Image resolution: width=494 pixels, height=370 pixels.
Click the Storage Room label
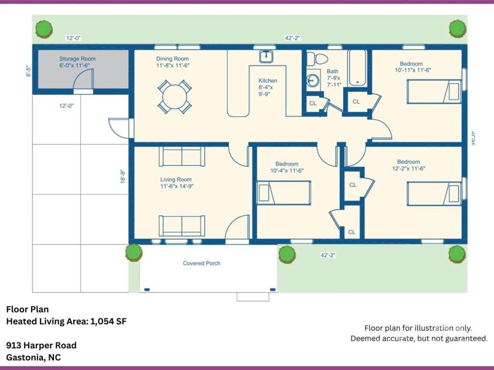[x=77, y=59]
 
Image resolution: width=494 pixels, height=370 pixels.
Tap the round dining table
[x=175, y=97]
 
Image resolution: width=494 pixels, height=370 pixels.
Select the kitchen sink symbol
[x=267, y=56]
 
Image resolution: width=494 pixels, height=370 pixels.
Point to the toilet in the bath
[x=317, y=59]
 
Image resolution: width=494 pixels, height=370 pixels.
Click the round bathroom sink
[x=312, y=81]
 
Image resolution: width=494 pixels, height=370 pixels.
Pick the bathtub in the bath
[x=357, y=68]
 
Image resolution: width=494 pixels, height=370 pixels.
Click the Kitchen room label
[x=268, y=81]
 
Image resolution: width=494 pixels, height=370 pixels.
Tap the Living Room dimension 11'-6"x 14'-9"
[x=177, y=186]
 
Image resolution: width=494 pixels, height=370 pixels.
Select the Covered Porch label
[x=202, y=263]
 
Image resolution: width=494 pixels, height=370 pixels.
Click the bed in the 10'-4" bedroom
[x=284, y=193]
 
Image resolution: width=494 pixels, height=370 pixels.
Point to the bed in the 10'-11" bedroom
[x=434, y=91]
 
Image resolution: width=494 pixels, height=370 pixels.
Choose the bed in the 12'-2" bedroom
[x=434, y=194]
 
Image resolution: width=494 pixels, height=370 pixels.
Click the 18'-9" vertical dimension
[x=123, y=176]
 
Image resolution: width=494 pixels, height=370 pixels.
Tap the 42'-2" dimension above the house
[x=292, y=38]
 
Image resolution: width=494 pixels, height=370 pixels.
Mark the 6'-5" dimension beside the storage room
[x=29, y=71]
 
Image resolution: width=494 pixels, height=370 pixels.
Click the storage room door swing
[x=83, y=78]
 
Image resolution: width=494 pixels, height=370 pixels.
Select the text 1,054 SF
[x=108, y=321]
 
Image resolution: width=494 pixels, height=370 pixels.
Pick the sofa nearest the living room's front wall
[x=182, y=226]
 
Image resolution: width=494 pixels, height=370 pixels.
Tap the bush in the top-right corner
[x=458, y=29]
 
